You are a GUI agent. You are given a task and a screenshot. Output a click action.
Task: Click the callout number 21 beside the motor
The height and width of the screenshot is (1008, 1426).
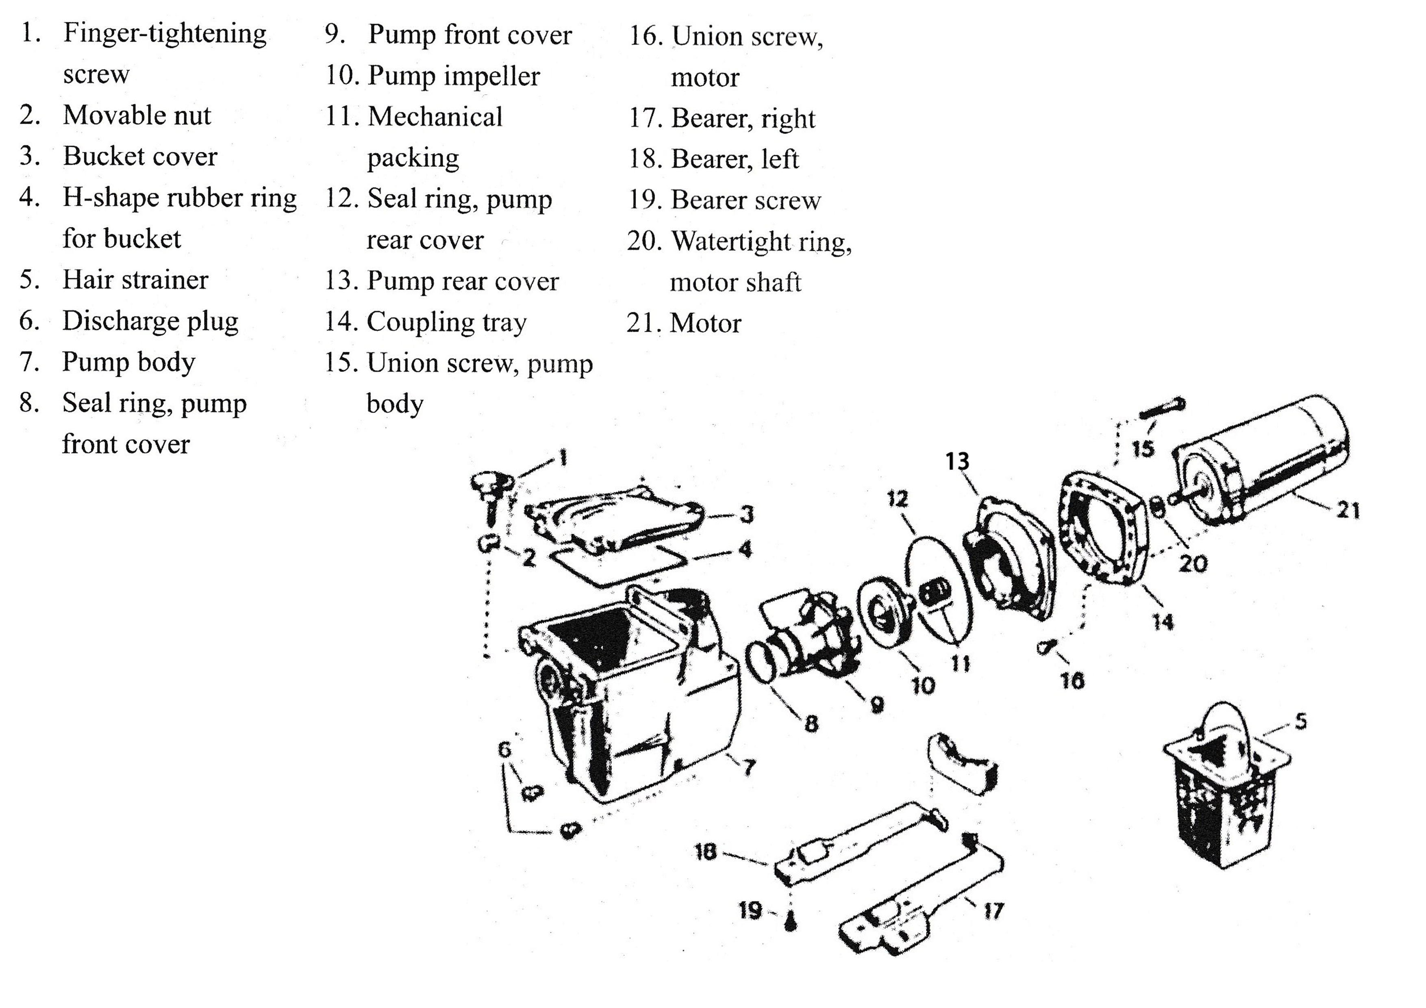pyautogui.click(x=1348, y=511)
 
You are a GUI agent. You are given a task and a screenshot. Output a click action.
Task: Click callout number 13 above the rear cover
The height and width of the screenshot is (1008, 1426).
pyautogui.click(x=957, y=461)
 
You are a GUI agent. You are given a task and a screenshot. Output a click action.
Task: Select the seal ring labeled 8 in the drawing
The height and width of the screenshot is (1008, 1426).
pyautogui.click(x=763, y=661)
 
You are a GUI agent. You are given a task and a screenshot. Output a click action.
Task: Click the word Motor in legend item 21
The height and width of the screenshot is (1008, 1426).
pyautogui.click(x=706, y=324)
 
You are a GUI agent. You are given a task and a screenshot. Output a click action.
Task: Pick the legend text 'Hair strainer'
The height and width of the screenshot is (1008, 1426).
pyautogui.click(x=135, y=280)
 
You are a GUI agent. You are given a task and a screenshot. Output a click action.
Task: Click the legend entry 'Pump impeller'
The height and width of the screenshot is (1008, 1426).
pyautogui.click(x=453, y=76)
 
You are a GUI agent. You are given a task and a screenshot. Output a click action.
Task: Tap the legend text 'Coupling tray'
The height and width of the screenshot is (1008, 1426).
pyautogui.click(x=446, y=322)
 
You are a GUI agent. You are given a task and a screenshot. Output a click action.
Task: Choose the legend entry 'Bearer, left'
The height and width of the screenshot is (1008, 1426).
pyautogui.click(x=734, y=159)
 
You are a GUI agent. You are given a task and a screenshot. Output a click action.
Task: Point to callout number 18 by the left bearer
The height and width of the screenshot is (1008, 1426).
pyautogui.click(x=706, y=852)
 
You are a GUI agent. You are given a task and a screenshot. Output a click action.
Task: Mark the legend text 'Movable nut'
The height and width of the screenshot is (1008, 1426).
pyautogui.click(x=137, y=115)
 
